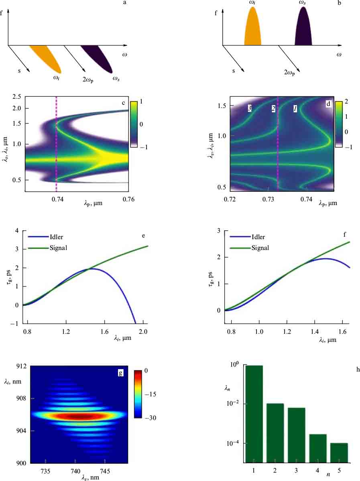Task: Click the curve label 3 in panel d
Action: click(x=249, y=109)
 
